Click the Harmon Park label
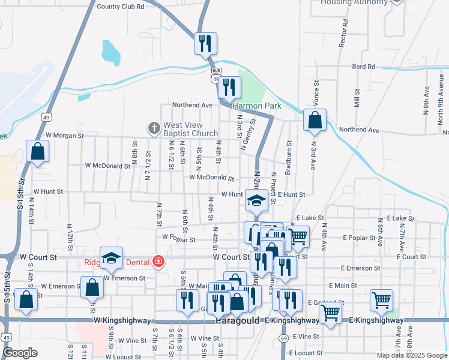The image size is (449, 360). (257, 106)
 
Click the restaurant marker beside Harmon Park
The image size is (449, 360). (229, 88)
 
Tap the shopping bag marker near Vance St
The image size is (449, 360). (315, 121)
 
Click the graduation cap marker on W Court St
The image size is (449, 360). (111, 259)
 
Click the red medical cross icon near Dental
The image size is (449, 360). (158, 261)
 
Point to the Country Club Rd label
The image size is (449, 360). (120, 7)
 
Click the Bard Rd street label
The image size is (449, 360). (363, 67)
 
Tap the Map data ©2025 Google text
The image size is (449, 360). (411, 355)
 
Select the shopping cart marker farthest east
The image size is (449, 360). (381, 300)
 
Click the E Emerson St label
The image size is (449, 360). (361, 268)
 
